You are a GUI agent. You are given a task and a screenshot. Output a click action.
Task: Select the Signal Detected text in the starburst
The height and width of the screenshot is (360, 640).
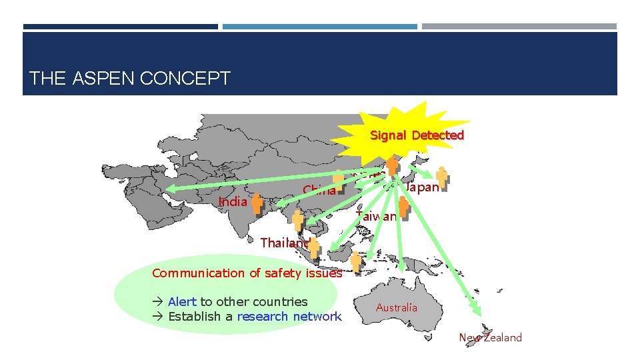coord(417,135)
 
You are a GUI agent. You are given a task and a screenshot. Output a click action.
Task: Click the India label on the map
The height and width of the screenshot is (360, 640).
coord(233,201)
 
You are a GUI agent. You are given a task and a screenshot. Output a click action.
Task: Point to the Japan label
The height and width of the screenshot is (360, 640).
coord(422,187)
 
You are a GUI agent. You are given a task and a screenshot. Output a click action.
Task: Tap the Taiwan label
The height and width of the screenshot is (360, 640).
coord(376,217)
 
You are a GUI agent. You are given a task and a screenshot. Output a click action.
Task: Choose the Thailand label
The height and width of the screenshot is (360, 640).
coord(284,243)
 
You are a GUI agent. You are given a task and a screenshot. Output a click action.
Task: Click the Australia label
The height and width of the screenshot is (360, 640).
coord(397,307)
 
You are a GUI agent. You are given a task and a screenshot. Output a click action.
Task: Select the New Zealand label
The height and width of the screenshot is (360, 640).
coord(490,337)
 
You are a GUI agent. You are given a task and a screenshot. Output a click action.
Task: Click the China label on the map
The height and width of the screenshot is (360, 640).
coord(319,191)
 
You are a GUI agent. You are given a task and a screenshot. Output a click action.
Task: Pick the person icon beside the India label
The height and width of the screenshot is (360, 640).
coord(257,203)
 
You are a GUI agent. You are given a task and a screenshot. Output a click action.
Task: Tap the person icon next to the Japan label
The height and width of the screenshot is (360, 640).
coord(441,176)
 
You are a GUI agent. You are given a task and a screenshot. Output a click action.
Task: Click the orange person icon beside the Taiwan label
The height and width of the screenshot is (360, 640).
coord(403,207)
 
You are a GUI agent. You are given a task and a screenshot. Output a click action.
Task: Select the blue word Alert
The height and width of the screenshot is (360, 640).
coord(182,302)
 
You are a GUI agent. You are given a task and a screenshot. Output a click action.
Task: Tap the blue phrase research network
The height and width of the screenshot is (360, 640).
coord(289,317)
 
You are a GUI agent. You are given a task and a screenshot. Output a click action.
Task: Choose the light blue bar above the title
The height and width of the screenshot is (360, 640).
coord(319,27)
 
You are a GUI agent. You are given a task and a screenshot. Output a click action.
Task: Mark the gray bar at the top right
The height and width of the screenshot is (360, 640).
coord(519,27)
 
